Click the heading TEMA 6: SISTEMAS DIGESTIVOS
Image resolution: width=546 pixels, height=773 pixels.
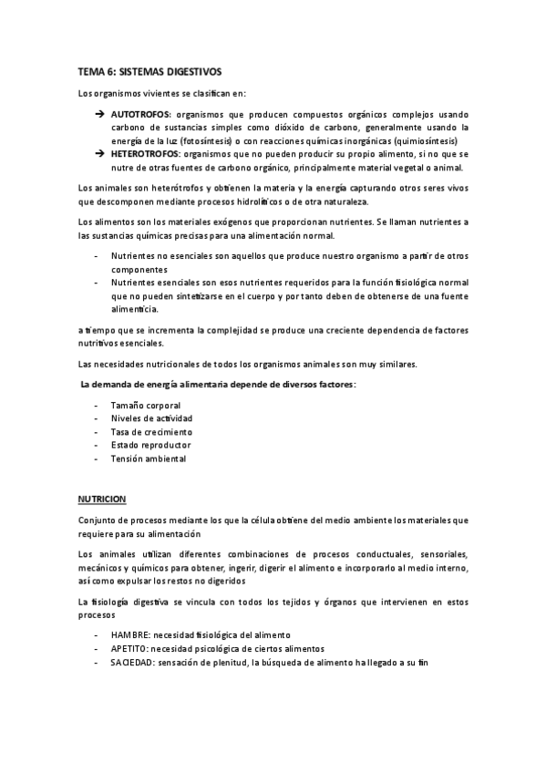point(149,71)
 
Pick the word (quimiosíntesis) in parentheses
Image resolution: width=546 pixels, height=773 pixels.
point(426,141)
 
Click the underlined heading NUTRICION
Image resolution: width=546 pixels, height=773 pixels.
point(101,500)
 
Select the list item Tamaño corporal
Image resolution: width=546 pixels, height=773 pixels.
point(145,405)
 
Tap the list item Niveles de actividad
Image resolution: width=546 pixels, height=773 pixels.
point(151,418)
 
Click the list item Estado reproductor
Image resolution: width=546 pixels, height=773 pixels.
point(150,445)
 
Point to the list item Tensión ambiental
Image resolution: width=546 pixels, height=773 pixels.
point(148,459)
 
